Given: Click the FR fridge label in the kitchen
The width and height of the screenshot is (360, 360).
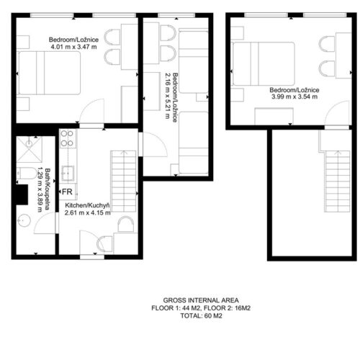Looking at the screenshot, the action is click(x=67, y=192).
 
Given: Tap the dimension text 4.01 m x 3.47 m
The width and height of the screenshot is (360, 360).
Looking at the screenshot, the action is click(x=73, y=47).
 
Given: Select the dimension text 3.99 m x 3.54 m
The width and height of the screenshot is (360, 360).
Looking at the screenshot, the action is click(x=294, y=96).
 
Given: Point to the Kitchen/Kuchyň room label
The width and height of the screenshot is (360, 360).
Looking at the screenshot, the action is click(x=88, y=205).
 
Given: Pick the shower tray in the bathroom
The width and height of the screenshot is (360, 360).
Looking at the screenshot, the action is click(x=30, y=149).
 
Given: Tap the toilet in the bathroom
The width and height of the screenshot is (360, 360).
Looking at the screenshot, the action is click(x=26, y=174).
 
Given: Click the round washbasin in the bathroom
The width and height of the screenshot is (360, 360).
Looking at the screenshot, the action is click(x=24, y=220).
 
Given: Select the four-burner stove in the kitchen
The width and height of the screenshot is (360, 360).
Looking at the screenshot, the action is click(x=67, y=139).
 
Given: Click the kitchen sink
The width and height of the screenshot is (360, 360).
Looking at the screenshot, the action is click(x=68, y=173).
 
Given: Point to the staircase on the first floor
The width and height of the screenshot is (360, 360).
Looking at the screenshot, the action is click(x=123, y=181).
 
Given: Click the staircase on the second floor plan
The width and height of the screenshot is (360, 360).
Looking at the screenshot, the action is click(x=337, y=181).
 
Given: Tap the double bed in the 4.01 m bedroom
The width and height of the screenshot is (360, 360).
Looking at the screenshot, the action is click(x=49, y=73).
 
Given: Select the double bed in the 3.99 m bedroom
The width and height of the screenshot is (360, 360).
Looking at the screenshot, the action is click(x=264, y=63).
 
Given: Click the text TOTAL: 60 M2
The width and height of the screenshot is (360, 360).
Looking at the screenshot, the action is click(x=201, y=315).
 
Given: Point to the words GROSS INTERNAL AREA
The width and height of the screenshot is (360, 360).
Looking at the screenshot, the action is click(x=201, y=300).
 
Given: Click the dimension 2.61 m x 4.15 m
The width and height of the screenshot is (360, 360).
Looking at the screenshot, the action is click(x=88, y=212).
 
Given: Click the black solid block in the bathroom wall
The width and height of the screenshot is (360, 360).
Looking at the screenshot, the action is click(x=22, y=194).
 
